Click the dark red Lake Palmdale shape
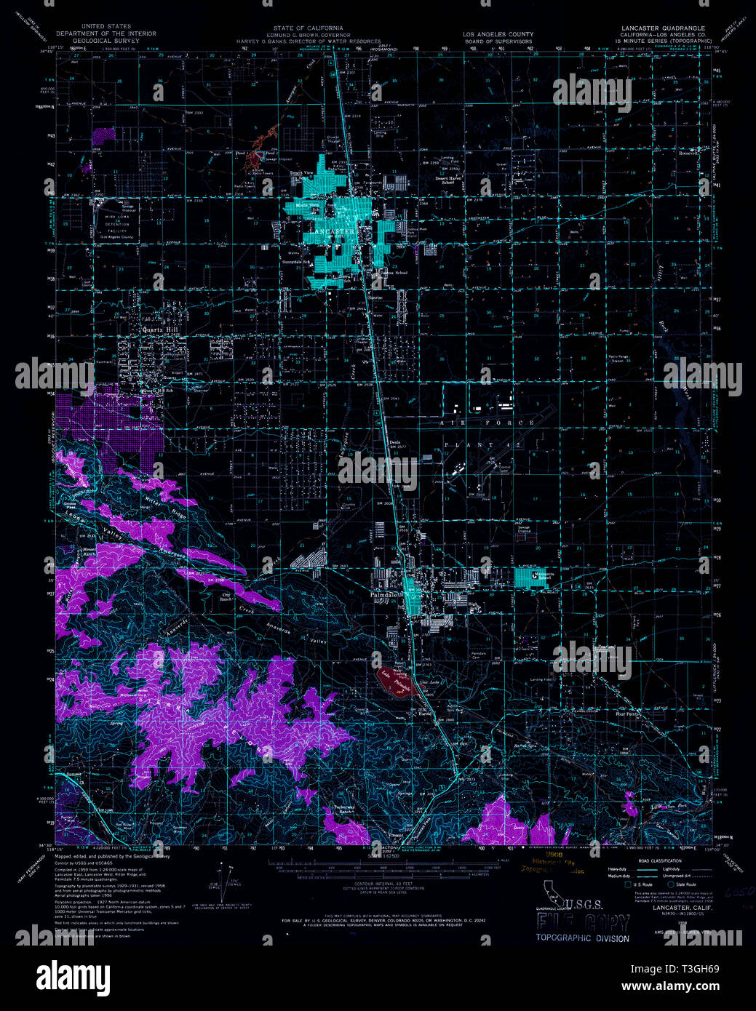(x=397, y=680)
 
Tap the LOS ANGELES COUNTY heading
(x=498, y=34)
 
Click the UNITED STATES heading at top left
(x=106, y=27)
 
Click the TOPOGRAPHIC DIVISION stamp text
(x=582, y=938)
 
